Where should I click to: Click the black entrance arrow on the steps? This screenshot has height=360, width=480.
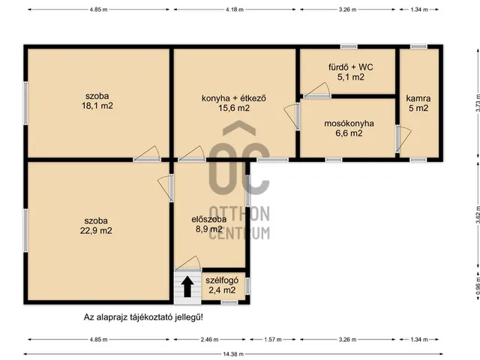pyautogui.click(x=187, y=286)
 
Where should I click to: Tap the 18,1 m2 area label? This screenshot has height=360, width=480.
pyautogui.click(x=97, y=106)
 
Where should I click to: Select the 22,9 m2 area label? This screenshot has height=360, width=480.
pyautogui.click(x=96, y=230)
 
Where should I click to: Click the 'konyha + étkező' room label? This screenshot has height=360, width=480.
pyautogui.click(x=234, y=98)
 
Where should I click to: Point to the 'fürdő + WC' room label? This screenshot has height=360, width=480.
pyautogui.click(x=351, y=67)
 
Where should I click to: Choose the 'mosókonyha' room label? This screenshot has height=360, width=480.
pyautogui.click(x=349, y=123)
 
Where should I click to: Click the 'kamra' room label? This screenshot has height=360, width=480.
pyautogui.click(x=418, y=98)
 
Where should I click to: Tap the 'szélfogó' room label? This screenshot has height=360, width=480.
pyautogui.click(x=222, y=280)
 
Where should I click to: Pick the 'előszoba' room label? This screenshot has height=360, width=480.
pyautogui.click(x=209, y=219)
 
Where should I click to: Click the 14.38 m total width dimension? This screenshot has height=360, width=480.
pyautogui.click(x=233, y=354)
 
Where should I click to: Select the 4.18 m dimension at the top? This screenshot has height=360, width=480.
pyautogui.click(x=235, y=10)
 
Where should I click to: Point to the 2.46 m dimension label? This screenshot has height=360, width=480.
pyautogui.click(x=210, y=340)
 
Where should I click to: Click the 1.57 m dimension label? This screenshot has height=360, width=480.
pyautogui.click(x=273, y=340)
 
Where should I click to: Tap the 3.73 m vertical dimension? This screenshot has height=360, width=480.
pyautogui.click(x=478, y=103)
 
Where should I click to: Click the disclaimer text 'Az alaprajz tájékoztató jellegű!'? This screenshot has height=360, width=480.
pyautogui.click(x=143, y=317)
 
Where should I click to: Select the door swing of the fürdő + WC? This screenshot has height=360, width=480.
pyautogui.click(x=317, y=89)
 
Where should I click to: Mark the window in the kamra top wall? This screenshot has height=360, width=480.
pyautogui.click(x=418, y=46)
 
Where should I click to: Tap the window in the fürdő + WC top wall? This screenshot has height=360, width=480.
pyautogui.click(x=349, y=46)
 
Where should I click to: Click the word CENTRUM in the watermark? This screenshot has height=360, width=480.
pyautogui.click(x=240, y=233)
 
